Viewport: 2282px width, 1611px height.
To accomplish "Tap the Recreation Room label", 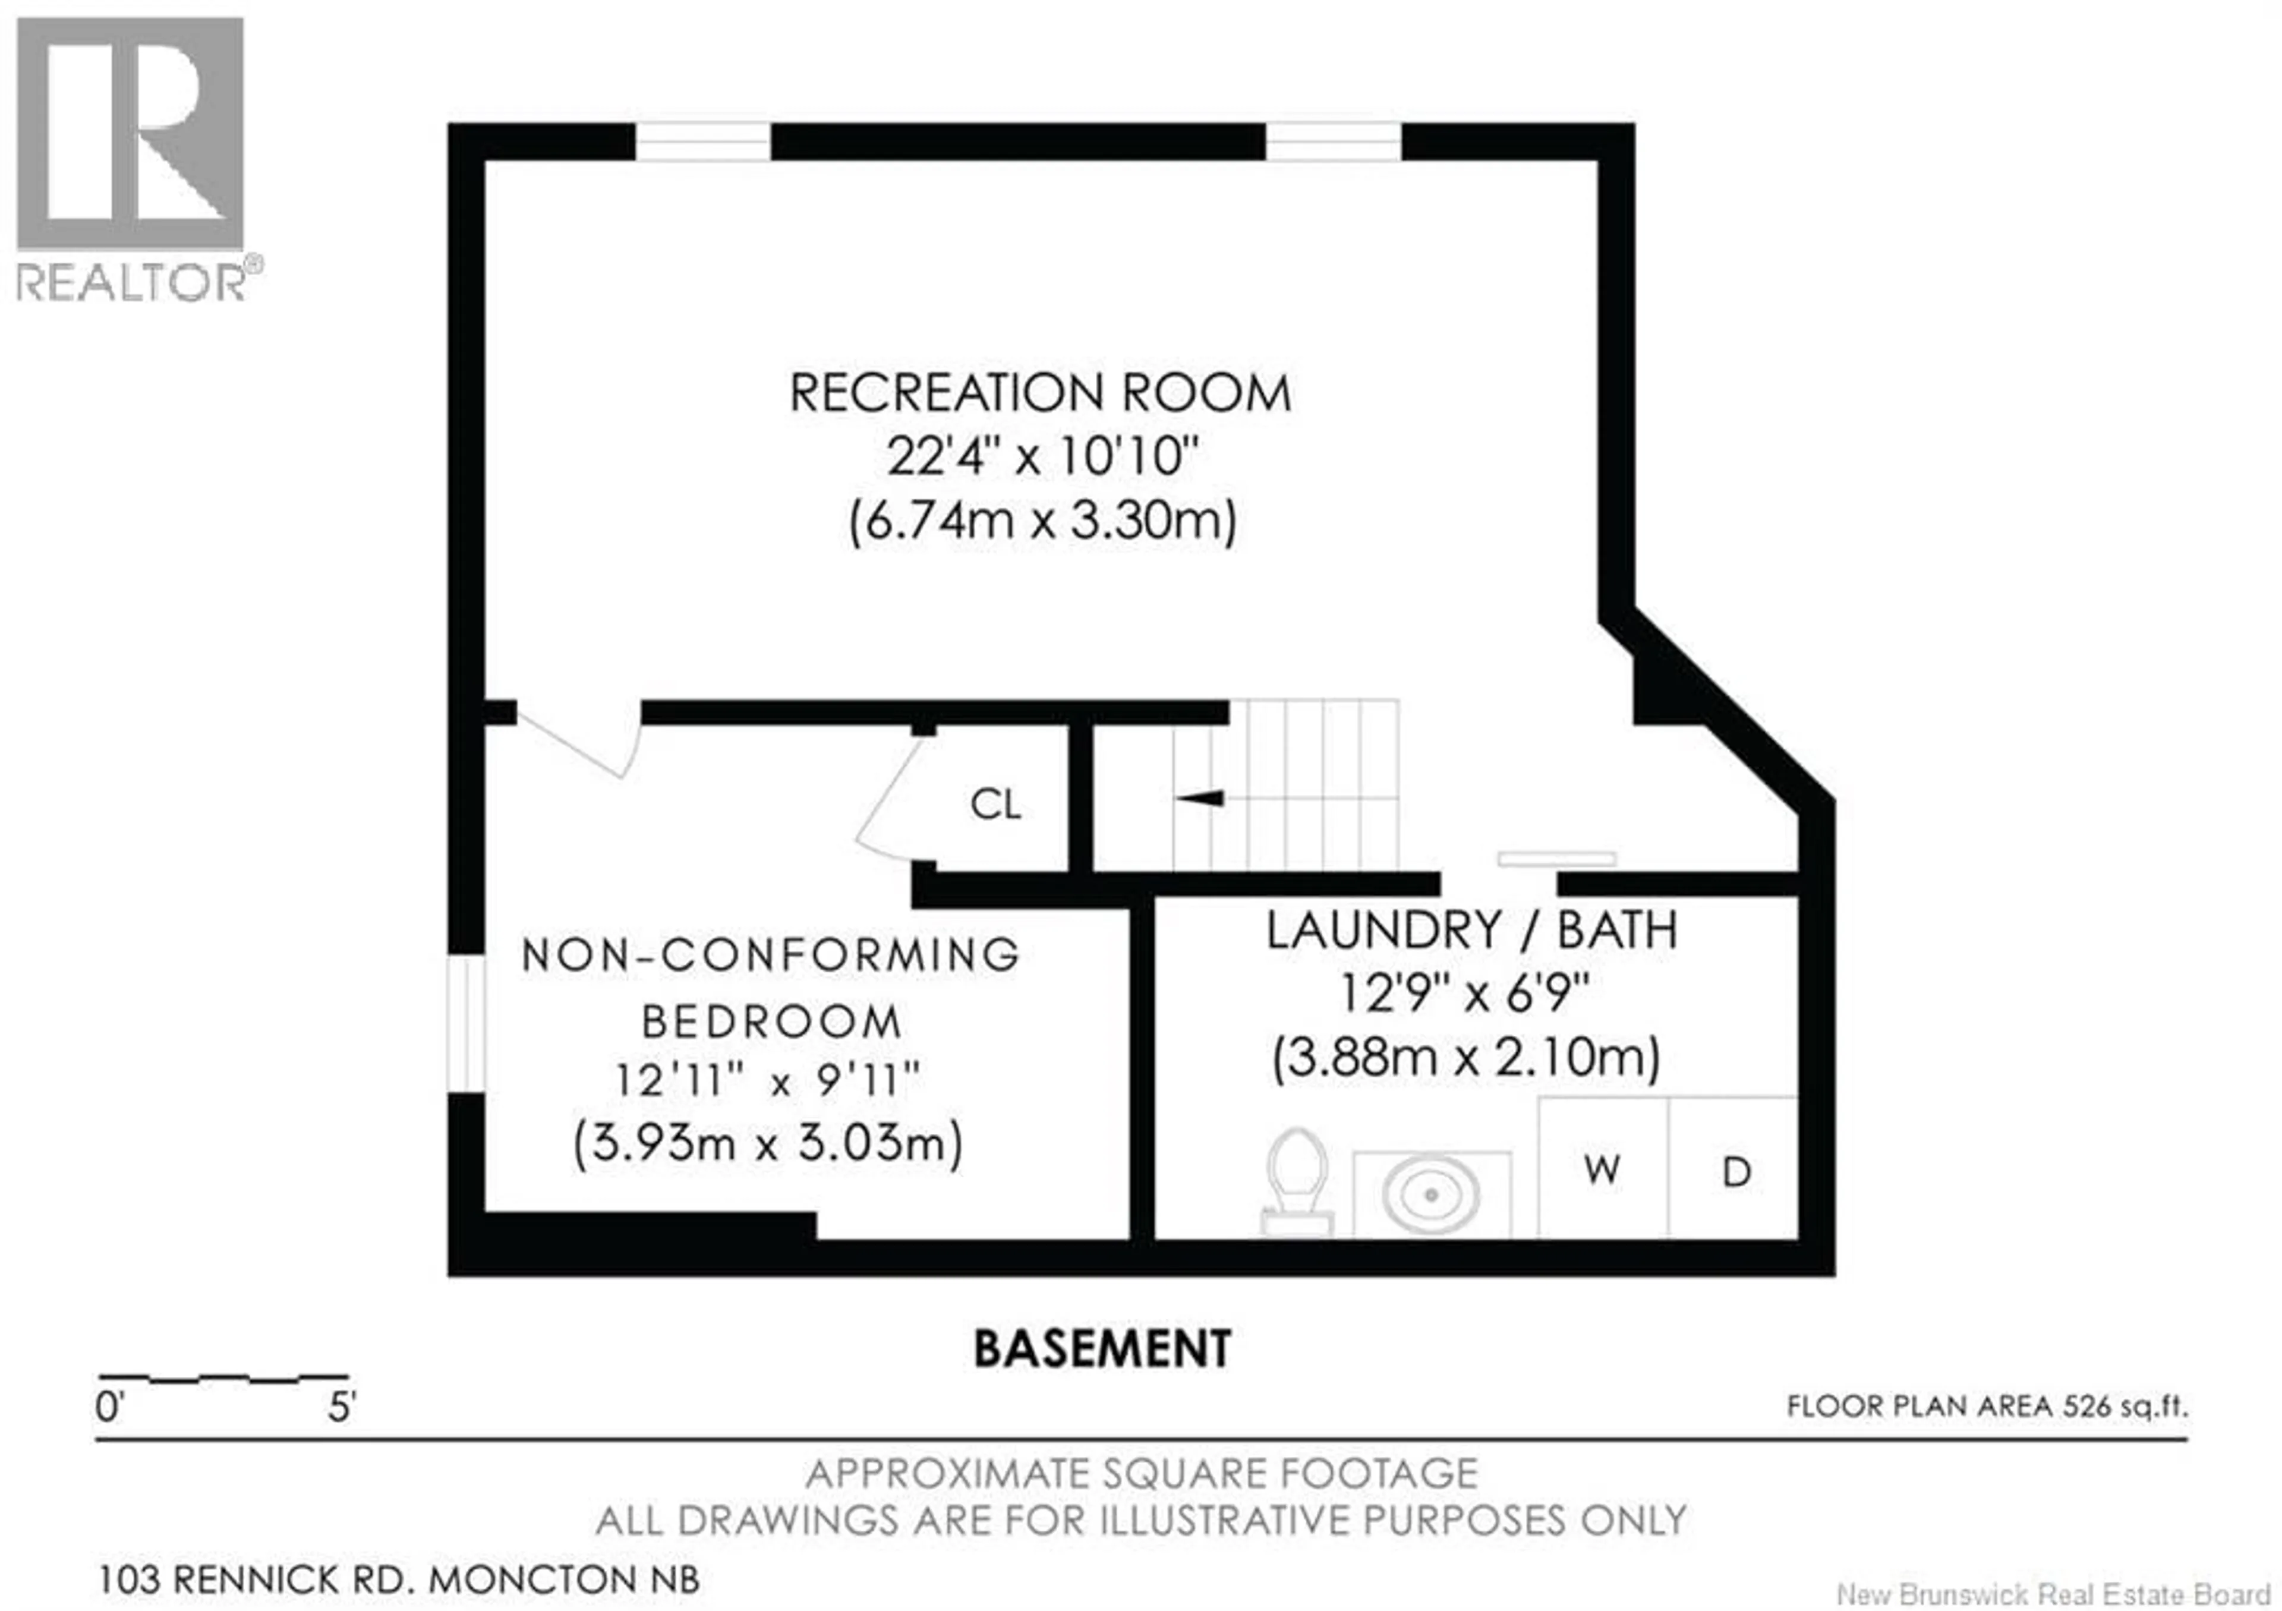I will [x=1039, y=393].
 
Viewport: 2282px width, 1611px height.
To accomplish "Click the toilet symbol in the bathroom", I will [x=1297, y=1183].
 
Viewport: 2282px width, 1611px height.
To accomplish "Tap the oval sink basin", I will [x=1431, y=1194].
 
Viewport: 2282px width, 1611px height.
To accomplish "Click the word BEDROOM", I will [x=771, y=1022].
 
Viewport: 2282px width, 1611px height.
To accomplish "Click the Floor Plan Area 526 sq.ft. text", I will [x=1987, y=1406].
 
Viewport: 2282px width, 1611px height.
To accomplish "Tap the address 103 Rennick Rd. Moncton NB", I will [x=399, y=1578].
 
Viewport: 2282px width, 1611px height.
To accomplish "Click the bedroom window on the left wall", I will [x=465, y=1024].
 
